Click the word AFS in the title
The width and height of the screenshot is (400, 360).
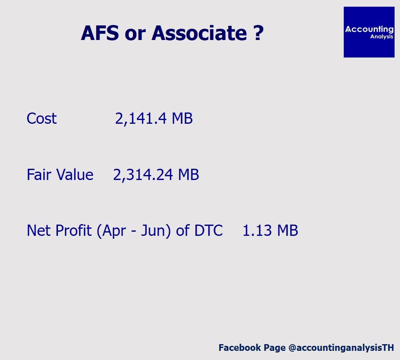click(x=100, y=33)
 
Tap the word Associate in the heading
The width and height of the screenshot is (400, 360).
click(x=199, y=33)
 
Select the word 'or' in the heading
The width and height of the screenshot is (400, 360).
click(x=135, y=35)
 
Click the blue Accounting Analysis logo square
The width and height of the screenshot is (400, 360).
click(x=369, y=32)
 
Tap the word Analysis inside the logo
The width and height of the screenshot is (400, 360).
click(x=382, y=37)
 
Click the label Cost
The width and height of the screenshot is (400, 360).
click(x=42, y=119)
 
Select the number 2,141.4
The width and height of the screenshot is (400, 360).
click(x=141, y=119)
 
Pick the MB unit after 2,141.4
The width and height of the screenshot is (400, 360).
click(x=182, y=119)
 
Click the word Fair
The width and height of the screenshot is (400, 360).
click(x=39, y=175)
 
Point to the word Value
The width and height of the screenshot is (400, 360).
click(x=75, y=175)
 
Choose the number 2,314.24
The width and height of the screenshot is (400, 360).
click(x=143, y=175)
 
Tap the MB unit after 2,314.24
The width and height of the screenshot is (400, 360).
click(x=188, y=175)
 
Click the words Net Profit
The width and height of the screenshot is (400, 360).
click(x=59, y=230)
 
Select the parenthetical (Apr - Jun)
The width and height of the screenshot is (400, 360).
click(x=134, y=231)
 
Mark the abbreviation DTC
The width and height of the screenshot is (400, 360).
click(x=208, y=231)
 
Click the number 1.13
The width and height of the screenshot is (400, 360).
click(x=257, y=231)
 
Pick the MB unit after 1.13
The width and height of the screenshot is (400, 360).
click(x=287, y=231)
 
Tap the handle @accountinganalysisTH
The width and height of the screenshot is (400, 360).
click(x=341, y=348)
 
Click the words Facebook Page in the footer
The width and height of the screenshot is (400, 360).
click(x=252, y=348)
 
